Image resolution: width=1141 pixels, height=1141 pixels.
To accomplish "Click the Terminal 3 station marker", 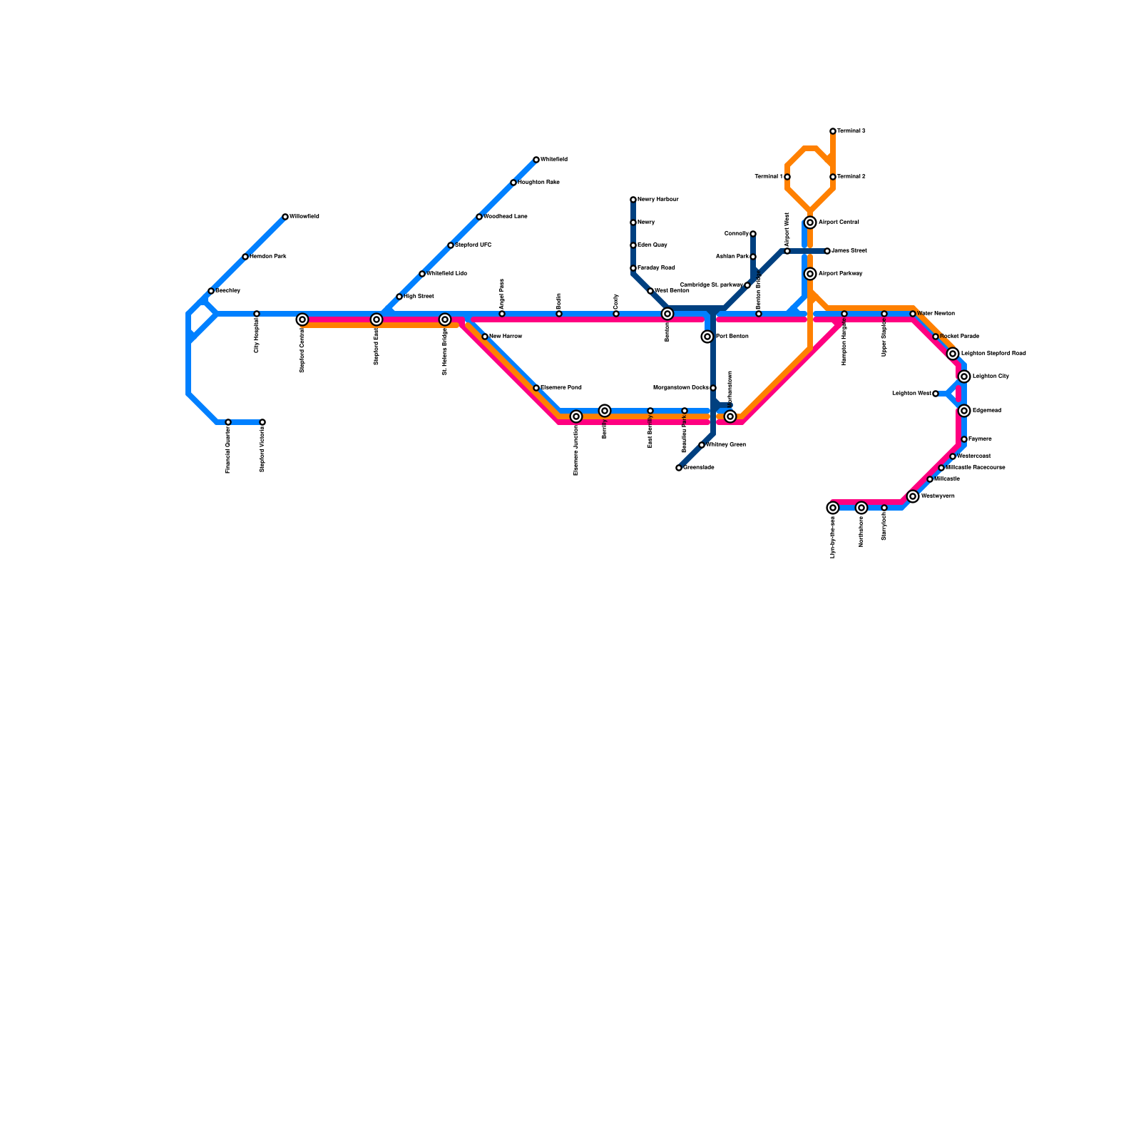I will click(833, 131).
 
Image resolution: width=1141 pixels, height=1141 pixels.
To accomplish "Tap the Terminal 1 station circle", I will click(787, 177).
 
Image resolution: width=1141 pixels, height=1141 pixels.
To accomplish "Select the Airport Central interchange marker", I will click(810, 222).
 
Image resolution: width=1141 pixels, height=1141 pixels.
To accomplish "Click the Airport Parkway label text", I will click(840, 274).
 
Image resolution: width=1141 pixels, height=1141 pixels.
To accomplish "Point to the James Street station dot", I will click(827, 251).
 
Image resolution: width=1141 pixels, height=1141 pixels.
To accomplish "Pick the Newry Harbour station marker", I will click(633, 200).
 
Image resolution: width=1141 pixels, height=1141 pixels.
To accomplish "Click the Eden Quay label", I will click(652, 245).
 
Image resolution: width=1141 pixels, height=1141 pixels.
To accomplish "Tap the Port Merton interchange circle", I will click(707, 337).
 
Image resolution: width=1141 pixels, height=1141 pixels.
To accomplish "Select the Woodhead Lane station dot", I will click(479, 217).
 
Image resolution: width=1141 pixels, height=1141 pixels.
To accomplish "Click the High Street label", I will click(419, 297).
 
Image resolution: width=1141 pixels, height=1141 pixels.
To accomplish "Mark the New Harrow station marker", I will click(485, 337).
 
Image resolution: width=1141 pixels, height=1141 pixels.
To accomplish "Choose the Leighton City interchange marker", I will click(964, 377).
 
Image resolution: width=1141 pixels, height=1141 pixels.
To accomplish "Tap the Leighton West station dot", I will click(936, 394).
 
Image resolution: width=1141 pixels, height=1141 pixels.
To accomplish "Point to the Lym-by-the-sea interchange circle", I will click(833, 508).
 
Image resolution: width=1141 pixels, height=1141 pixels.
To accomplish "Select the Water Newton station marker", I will click(913, 314).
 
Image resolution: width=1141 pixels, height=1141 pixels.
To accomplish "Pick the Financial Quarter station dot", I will click(228, 422).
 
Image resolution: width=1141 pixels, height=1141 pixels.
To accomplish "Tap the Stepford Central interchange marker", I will click(302, 319).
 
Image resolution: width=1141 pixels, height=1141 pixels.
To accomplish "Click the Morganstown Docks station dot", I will click(713, 388).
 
